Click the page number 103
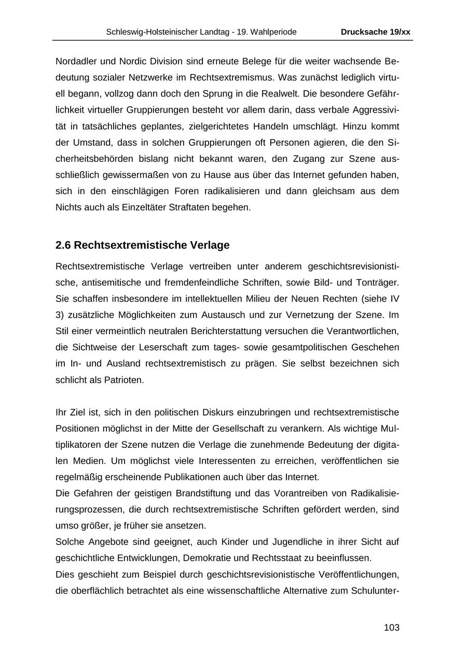pos(392,628)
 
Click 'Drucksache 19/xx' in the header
pos(375,32)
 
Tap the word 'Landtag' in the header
pos(215,32)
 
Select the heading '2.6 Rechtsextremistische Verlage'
pos(142,245)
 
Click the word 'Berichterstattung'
pos(249,331)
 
